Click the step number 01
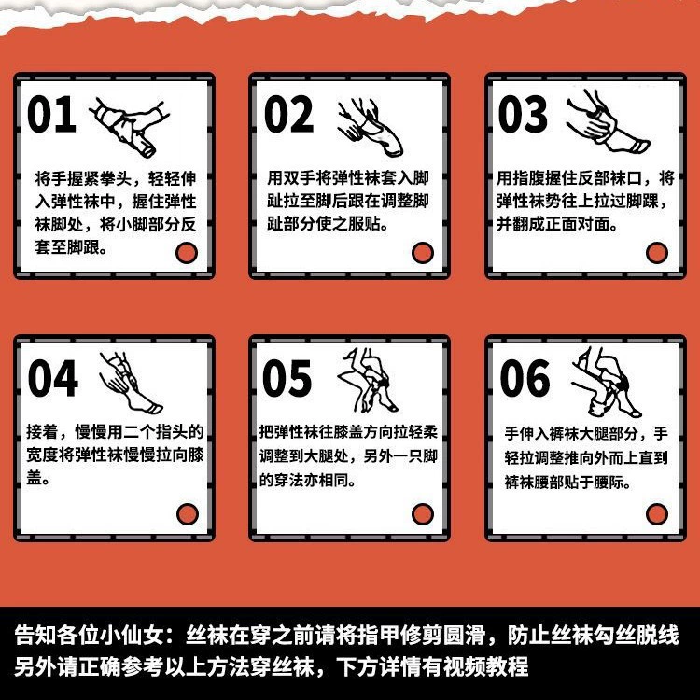51,114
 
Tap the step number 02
288,114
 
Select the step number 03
523,114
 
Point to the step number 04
52,379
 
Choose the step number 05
287,379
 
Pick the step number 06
525,379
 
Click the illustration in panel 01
130,128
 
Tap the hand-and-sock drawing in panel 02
371,127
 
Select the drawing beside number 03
609,121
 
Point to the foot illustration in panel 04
131,383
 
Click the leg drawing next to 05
368,381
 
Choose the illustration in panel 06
607,383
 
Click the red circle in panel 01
187,253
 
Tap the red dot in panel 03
657,253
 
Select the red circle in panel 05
423,514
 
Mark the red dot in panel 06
657,514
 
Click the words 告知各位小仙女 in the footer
90,636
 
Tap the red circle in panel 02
423,253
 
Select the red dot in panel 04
188,514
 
